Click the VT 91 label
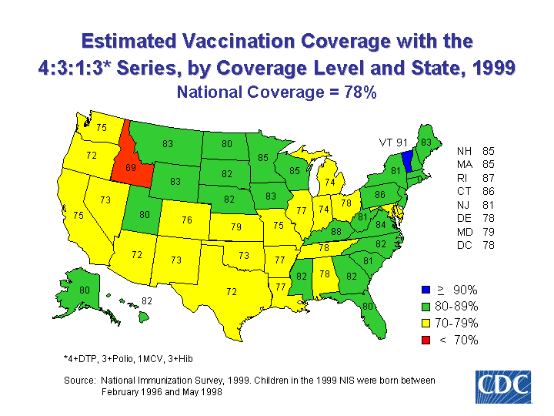(x=392, y=143)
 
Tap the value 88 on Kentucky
(x=336, y=231)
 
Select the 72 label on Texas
(x=231, y=291)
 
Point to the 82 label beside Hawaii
(x=146, y=300)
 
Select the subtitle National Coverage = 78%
(x=276, y=92)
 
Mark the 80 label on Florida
(x=368, y=307)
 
